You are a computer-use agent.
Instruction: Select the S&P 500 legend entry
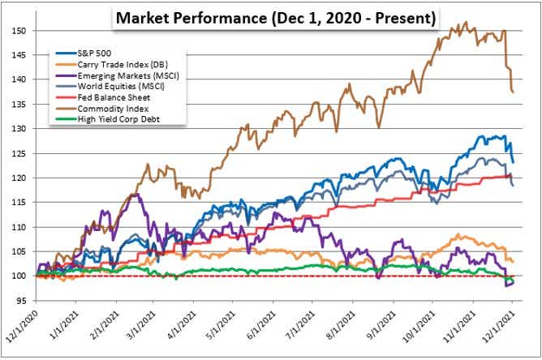[97, 52]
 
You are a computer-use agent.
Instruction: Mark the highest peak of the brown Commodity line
[463, 24]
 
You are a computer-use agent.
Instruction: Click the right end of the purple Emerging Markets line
[514, 282]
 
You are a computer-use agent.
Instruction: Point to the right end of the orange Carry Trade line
[514, 261]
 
